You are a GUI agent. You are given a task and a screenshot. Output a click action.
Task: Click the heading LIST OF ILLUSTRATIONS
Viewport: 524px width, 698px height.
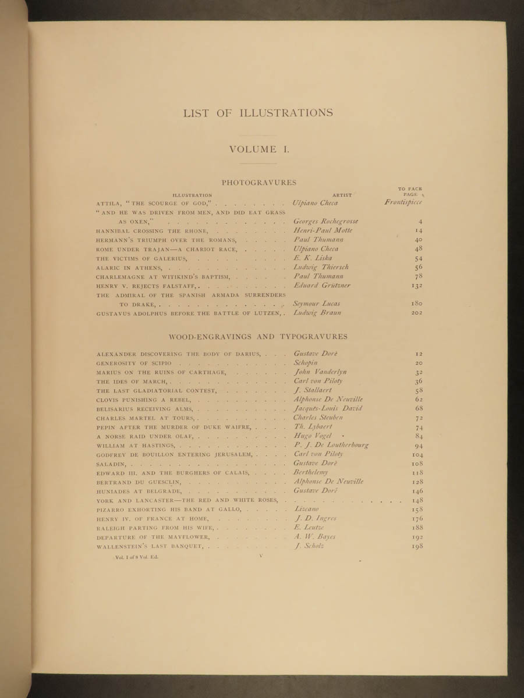click(258, 113)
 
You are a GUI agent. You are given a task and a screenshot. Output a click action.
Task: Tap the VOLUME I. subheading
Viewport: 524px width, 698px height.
click(259, 149)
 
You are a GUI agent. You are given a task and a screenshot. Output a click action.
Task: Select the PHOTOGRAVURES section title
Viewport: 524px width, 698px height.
click(259, 183)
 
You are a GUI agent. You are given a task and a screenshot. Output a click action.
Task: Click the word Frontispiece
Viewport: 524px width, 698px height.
click(403, 202)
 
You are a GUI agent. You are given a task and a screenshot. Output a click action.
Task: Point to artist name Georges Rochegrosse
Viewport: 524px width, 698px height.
click(326, 221)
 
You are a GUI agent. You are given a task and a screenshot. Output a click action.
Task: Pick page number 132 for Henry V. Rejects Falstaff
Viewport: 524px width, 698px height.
click(416, 286)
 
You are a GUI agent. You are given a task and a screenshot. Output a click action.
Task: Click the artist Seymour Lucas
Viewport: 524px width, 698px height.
click(317, 304)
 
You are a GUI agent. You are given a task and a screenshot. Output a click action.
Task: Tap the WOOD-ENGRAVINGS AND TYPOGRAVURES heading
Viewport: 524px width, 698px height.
click(258, 336)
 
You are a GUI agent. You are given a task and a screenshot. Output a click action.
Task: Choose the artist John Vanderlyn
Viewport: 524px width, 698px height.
click(320, 372)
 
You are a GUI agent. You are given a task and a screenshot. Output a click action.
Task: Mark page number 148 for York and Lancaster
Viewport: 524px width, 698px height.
click(416, 500)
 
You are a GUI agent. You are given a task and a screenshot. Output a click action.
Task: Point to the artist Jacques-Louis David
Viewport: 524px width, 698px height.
click(328, 408)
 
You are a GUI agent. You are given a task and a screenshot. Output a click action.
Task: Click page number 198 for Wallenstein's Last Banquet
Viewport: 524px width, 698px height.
click(416, 546)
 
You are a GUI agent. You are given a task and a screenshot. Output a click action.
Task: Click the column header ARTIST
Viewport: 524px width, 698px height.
click(342, 195)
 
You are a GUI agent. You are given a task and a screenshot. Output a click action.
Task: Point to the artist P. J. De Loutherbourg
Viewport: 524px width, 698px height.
click(331, 445)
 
